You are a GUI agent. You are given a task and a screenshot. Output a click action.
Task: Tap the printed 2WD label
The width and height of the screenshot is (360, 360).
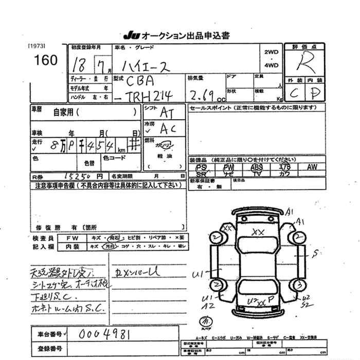tap(271, 52)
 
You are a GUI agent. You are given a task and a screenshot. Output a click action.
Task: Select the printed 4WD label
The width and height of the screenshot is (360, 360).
tap(271, 65)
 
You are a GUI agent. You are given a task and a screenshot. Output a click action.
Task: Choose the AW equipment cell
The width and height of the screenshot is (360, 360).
tap(312, 167)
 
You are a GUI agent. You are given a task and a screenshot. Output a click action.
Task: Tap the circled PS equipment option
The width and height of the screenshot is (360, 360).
tap(202, 168)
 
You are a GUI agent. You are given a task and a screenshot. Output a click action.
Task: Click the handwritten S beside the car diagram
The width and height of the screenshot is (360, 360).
tap(317, 252)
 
